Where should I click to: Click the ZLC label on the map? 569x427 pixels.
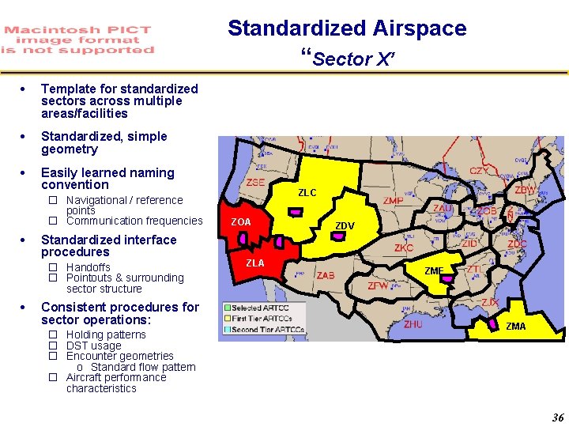click(307, 193)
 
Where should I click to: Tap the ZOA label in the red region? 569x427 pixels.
click(240, 222)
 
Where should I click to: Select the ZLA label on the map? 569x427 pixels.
click(254, 263)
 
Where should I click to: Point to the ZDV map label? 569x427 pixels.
click(345, 226)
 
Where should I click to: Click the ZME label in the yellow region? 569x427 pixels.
click(434, 271)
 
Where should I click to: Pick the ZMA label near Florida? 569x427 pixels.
click(515, 327)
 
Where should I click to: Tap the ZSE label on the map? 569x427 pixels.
click(255, 182)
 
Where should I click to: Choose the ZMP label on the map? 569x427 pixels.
click(393, 201)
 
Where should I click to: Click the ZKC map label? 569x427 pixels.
click(404, 248)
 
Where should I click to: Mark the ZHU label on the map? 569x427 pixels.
click(413, 324)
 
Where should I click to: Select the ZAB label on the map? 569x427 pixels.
click(326, 276)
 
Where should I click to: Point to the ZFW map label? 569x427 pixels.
click(378, 285)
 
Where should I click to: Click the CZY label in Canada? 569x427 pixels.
click(479, 171)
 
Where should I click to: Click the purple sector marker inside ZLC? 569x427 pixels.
click(293, 213)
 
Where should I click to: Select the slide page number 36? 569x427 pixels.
click(558, 418)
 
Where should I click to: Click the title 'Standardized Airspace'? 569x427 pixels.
click(347, 28)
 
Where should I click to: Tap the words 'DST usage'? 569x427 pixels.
click(93, 346)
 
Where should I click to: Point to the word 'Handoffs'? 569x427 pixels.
click(88, 267)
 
